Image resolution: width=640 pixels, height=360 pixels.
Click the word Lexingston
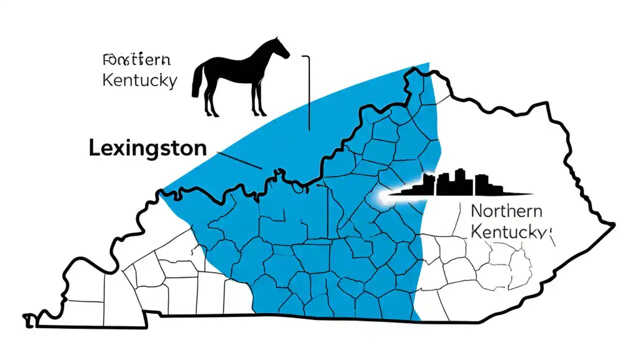point(147,148)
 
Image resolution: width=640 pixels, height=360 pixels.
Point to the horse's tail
point(196,82)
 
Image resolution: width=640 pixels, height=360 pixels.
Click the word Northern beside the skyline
point(506,211)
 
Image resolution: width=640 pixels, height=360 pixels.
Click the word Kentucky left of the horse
point(139,80)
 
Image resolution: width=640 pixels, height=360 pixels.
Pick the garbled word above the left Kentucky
point(136,61)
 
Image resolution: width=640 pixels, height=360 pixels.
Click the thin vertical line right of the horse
point(309,92)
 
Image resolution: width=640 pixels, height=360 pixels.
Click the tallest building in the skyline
point(458,181)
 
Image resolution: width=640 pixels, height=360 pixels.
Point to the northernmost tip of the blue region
point(427,64)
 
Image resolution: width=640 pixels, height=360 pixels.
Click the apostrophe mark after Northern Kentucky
point(549,231)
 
